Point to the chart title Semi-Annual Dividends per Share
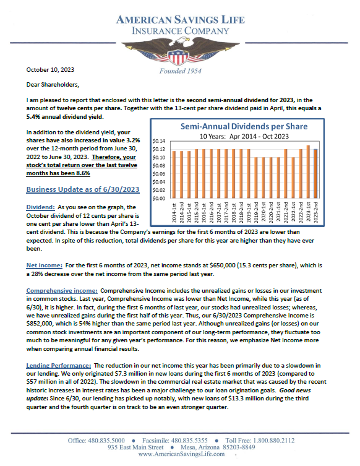click(243, 126)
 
